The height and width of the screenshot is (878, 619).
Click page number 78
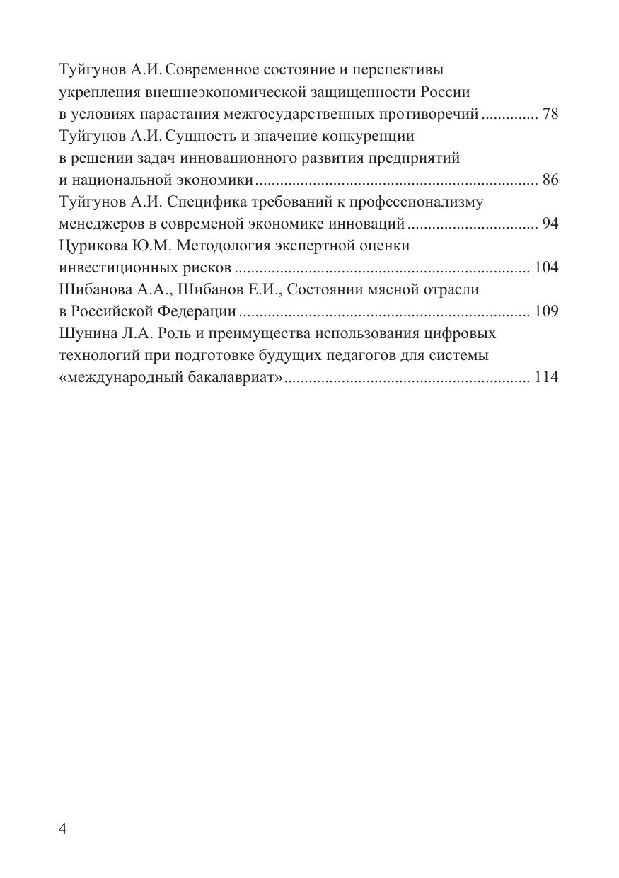[550, 114]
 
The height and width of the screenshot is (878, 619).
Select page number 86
[550, 180]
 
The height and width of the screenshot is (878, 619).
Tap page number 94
[550, 224]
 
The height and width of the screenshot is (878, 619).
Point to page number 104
[547, 267]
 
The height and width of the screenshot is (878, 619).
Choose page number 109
[547, 311]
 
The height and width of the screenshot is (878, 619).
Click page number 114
[547, 377]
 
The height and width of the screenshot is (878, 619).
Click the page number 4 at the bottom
[63, 829]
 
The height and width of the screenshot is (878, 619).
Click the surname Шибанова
[90, 289]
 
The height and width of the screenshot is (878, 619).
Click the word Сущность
[202, 136]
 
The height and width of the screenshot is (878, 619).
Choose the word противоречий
[433, 114]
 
